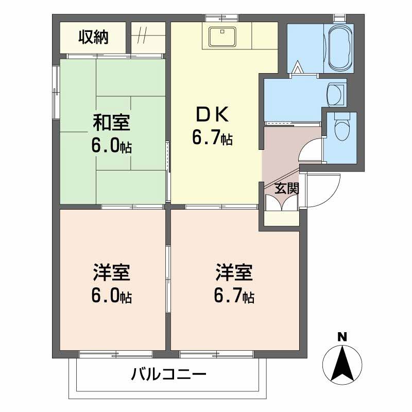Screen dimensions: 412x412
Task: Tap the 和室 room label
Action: (x=111, y=123)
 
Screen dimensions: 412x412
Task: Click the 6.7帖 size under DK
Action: (x=212, y=138)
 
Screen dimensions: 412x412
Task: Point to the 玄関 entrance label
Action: (x=286, y=188)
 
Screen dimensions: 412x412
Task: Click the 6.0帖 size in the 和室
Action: (x=111, y=147)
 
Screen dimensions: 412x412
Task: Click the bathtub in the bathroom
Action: (x=338, y=48)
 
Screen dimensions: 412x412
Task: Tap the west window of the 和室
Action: (x=56, y=93)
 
